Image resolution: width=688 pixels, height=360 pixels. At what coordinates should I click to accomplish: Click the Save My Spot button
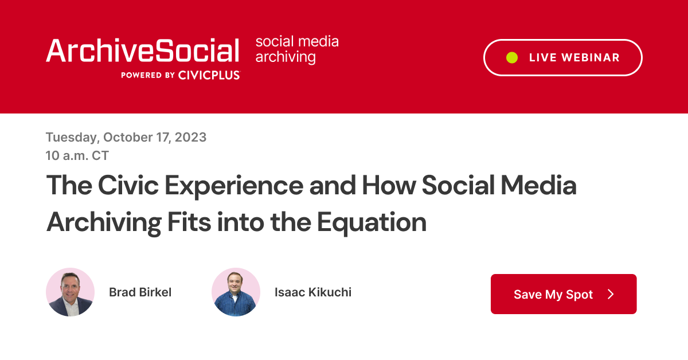point(563,294)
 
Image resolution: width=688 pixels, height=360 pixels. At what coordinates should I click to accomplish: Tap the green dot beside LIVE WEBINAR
point(512,57)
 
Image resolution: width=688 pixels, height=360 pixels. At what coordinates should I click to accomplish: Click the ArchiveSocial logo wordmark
point(143,51)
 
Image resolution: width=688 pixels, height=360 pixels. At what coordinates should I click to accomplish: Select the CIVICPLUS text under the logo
point(209,75)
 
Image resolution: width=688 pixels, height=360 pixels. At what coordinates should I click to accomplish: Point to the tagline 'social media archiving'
point(296,49)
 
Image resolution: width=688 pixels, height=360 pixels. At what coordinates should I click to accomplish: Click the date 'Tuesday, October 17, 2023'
point(126,138)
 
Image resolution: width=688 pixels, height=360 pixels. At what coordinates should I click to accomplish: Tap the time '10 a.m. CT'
point(77,155)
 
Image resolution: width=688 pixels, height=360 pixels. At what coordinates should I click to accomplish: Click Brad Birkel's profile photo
point(70,292)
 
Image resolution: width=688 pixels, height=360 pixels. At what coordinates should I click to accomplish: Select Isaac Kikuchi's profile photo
point(236,292)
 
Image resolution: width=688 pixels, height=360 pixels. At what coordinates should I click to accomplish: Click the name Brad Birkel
point(140,292)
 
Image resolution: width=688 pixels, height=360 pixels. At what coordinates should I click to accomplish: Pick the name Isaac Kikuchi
point(312,292)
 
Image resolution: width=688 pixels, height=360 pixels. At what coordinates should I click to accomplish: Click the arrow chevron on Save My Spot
point(611,294)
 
